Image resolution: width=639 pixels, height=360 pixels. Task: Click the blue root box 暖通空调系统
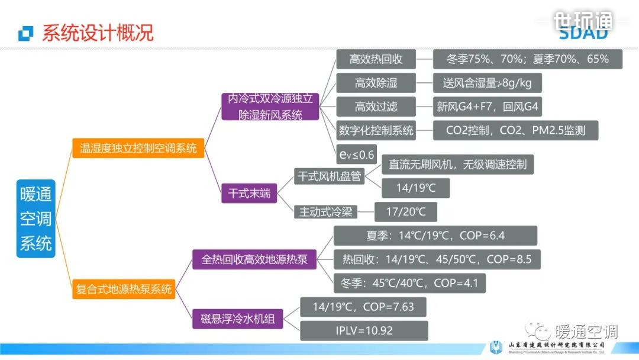coord(35,218)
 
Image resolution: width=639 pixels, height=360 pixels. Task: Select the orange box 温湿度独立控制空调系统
coord(138,148)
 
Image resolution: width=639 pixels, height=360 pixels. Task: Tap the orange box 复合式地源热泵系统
coord(124,289)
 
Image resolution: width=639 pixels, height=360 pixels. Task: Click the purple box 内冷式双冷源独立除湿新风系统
coord(270,107)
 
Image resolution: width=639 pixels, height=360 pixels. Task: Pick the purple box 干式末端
coord(249,193)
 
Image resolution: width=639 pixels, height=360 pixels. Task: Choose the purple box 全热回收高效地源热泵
coord(254,259)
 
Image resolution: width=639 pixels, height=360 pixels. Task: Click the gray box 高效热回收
coord(376,59)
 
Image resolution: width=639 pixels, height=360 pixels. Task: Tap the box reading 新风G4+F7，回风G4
coord(487,107)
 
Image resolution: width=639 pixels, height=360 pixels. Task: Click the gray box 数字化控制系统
coord(376,130)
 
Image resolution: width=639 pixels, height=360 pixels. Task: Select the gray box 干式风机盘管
coord(330,176)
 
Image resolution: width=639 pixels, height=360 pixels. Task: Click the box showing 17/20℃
coord(406,211)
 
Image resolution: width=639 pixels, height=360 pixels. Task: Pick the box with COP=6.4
coord(435,236)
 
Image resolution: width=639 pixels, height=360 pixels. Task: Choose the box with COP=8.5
coord(437,259)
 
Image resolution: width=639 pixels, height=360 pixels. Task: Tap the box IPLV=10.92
coord(363,330)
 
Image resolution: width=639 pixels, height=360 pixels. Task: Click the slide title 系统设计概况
coord(98,33)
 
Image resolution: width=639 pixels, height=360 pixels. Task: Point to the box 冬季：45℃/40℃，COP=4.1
coord(409,283)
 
